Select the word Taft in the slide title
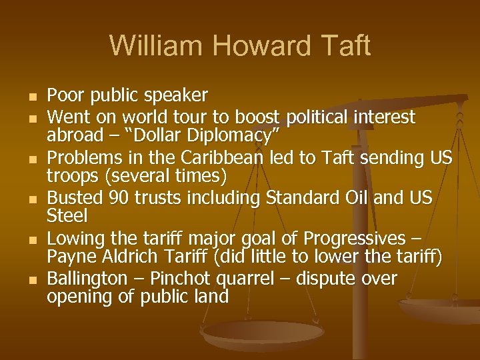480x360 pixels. pyautogui.click(x=345, y=45)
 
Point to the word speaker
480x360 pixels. pyautogui.click(x=180, y=96)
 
